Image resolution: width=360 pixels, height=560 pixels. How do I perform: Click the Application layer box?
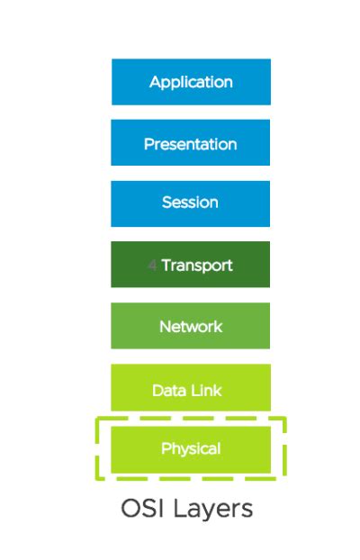tap(191, 82)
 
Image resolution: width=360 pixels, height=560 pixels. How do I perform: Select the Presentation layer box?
tap(191, 143)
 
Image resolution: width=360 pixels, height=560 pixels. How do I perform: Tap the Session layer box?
tap(191, 203)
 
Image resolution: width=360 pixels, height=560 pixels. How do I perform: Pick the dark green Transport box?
tap(191, 265)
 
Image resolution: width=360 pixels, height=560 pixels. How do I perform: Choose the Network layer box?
tap(191, 326)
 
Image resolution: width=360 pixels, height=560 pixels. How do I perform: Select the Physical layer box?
tap(191, 448)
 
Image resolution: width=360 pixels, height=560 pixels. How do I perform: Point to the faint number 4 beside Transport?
tap(152, 266)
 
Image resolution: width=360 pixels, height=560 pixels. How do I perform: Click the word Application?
tap(191, 83)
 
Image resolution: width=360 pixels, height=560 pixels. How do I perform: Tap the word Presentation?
tap(191, 144)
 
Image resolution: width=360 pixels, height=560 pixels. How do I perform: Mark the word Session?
tap(191, 203)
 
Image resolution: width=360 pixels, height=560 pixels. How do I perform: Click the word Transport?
tap(197, 266)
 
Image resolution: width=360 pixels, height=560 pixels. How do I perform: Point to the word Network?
tap(191, 327)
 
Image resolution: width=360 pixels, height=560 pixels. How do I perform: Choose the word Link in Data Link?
tap(208, 391)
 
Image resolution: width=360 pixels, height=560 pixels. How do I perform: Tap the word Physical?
tap(191, 448)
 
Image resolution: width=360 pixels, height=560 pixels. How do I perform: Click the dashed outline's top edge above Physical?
tap(191, 419)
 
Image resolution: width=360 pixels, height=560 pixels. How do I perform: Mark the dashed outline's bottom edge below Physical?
tap(191, 478)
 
